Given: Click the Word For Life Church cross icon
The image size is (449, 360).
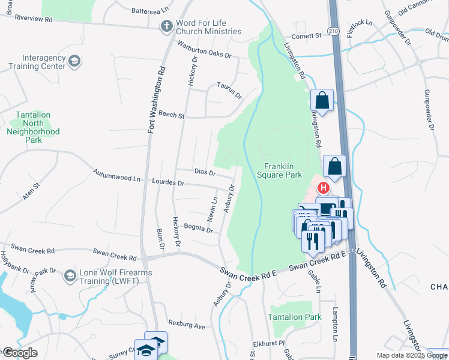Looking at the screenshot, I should pos(166,26).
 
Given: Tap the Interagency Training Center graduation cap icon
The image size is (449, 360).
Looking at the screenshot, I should pos(74,61).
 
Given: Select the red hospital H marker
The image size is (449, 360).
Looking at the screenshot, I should pos(324,188).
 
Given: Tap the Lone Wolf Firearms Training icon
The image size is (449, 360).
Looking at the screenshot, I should pos(70,275).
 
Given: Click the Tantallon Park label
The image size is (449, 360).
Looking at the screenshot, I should pos(295,317).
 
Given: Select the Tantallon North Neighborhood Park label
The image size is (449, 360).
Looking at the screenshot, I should pos(34,127).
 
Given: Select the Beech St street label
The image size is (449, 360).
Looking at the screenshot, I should pos(171,114).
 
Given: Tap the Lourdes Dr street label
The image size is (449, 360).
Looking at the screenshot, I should pos(168,182).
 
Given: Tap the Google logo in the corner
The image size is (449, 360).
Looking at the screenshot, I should pos(20,353).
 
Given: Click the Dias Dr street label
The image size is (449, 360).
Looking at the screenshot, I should pos(205,172).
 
